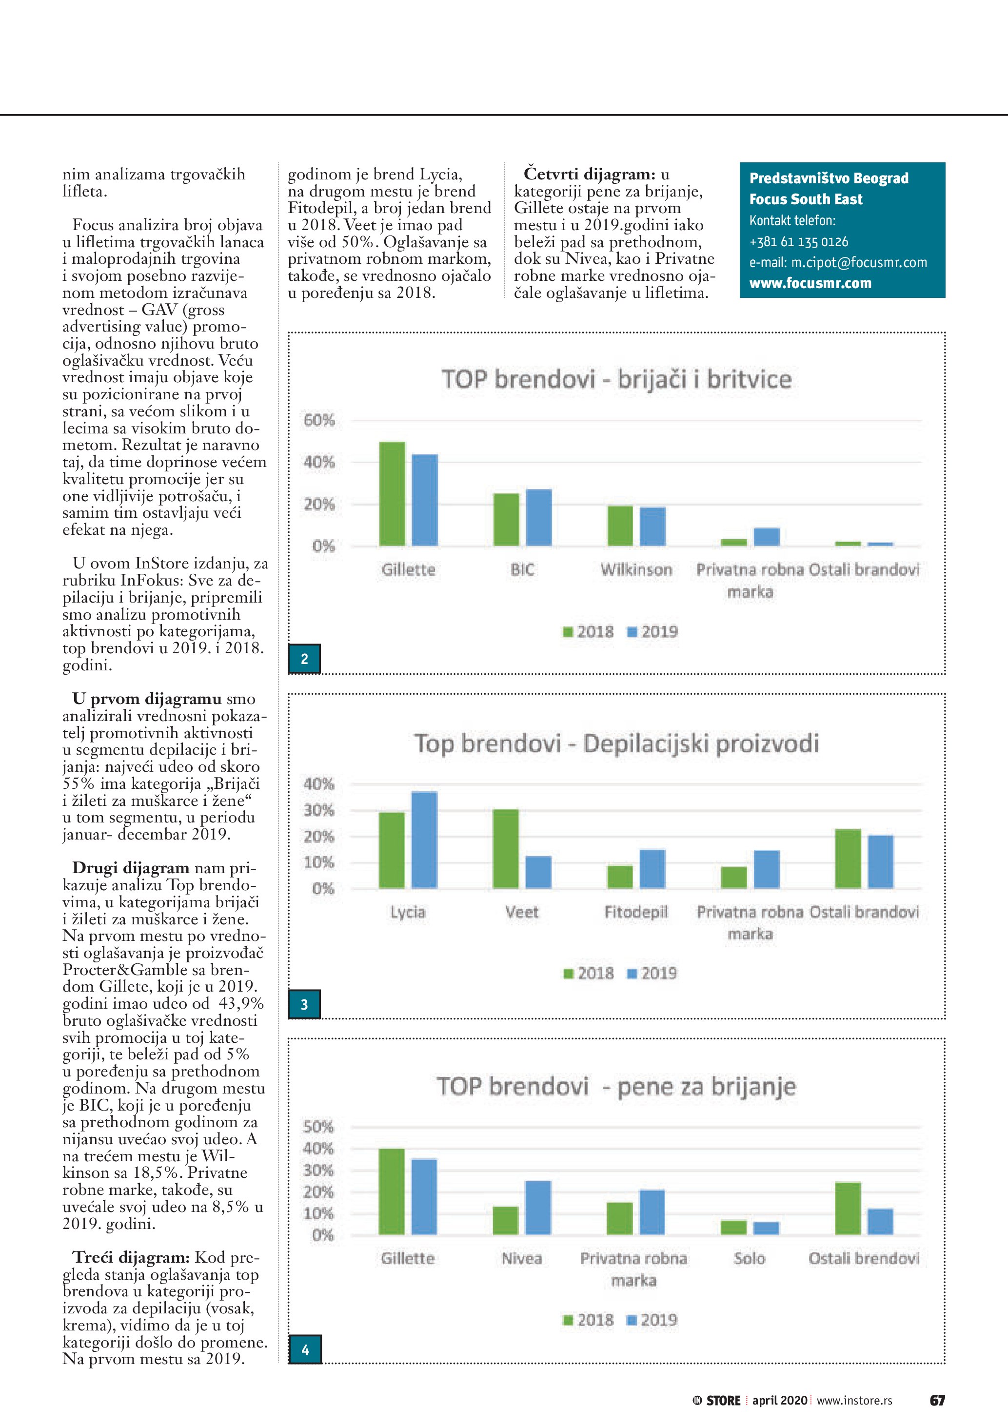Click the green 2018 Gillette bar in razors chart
(x=392, y=493)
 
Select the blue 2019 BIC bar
(x=539, y=518)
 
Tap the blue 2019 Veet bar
(x=538, y=872)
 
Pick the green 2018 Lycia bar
(x=392, y=850)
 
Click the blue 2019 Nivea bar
(x=538, y=1208)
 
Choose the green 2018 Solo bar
(x=733, y=1228)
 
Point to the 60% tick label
(x=319, y=420)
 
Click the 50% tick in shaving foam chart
(x=318, y=1127)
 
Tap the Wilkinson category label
(x=636, y=570)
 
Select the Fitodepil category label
(x=636, y=912)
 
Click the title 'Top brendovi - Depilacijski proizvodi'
(x=616, y=743)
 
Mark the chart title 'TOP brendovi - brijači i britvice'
(x=616, y=379)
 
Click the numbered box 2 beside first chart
(x=305, y=659)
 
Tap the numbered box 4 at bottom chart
(x=305, y=1350)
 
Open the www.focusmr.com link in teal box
(x=810, y=283)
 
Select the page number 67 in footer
(x=937, y=1400)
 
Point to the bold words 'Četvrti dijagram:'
(x=589, y=173)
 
